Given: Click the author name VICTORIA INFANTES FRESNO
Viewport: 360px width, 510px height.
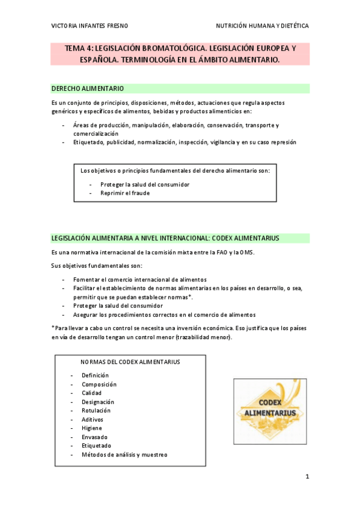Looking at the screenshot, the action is pyautogui.click(x=90, y=26).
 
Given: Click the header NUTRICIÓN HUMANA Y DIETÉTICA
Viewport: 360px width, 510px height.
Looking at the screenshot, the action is pyautogui.click(x=262, y=26).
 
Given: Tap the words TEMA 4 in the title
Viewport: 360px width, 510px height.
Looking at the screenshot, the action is pyautogui.click(x=79, y=48).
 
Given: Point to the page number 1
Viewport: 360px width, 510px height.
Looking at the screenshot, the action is pyautogui.click(x=307, y=477).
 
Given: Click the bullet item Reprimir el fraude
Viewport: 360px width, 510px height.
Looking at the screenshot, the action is pyautogui.click(x=125, y=194).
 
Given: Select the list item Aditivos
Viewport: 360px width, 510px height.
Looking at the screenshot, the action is pyautogui.click(x=93, y=419).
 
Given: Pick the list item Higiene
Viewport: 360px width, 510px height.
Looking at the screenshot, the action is pyautogui.click(x=92, y=428).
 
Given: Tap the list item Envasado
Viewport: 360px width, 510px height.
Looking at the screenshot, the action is pyautogui.click(x=94, y=437).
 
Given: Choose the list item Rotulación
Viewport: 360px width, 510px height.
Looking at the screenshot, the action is pyautogui.click(x=96, y=411).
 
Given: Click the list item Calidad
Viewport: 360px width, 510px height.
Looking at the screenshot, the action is pyautogui.click(x=92, y=393).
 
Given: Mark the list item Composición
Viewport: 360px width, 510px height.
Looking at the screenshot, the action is pyautogui.click(x=99, y=384).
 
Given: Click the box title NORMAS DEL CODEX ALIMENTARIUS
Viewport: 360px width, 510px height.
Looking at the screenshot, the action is pyautogui.click(x=130, y=362).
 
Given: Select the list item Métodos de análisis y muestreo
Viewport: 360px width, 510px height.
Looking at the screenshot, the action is pyautogui.click(x=124, y=455).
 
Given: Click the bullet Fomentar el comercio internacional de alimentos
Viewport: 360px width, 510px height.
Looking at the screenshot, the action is pyautogui.click(x=139, y=280).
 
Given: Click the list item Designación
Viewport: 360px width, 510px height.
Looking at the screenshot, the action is pyautogui.click(x=98, y=402).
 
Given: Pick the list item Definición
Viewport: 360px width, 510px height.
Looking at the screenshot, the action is pyautogui.click(x=96, y=375).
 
